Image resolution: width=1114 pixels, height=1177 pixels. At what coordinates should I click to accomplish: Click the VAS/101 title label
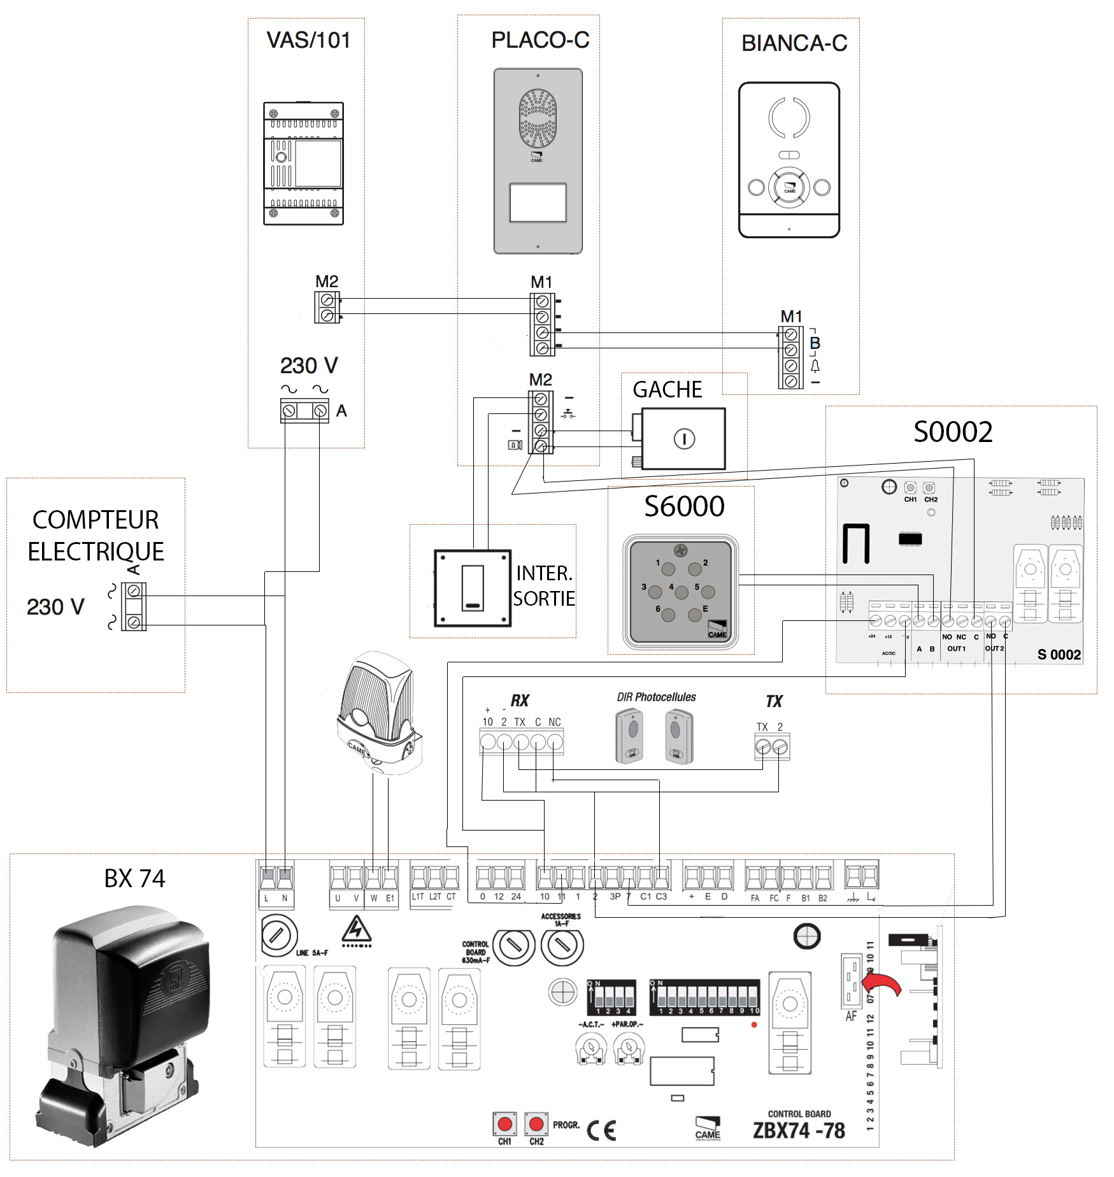308,40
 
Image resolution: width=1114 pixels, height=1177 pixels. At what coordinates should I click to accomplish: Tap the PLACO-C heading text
540,40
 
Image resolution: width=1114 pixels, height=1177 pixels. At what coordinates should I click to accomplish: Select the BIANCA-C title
794,43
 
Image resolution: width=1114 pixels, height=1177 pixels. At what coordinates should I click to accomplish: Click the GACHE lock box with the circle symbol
683,439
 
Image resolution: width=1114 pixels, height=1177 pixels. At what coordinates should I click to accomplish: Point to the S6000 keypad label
684,507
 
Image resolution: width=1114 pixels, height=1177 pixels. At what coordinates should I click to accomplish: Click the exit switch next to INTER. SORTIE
473,588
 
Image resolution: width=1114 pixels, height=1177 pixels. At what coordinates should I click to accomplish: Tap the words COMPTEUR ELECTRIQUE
96,536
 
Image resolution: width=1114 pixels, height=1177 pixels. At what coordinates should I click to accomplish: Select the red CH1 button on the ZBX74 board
505,1123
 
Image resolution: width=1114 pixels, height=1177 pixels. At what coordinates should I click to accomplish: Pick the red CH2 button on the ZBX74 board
536,1123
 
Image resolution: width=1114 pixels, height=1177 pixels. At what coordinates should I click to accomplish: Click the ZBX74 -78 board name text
799,1131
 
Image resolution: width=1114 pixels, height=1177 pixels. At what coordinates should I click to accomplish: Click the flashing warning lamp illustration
378,713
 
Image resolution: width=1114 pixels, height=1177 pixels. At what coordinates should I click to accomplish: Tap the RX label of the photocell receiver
520,701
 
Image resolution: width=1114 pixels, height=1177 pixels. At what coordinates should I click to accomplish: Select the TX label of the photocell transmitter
774,701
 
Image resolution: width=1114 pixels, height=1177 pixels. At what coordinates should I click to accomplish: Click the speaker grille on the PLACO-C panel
538,118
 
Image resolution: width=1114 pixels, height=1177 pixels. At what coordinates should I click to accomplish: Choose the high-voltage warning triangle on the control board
357,929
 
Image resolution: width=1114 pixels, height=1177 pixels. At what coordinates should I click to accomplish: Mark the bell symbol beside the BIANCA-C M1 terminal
815,366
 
